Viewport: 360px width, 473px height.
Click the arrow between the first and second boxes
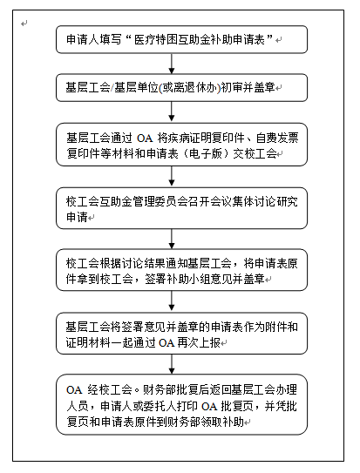[172, 64]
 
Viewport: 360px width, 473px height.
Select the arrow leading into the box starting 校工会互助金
[172, 176]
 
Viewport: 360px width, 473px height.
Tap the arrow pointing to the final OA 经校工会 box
[172, 364]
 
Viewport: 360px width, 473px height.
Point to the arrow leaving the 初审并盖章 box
[172, 111]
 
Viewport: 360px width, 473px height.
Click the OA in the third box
[145, 139]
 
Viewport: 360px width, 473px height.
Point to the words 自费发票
[277, 139]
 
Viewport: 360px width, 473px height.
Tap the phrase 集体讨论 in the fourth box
[254, 202]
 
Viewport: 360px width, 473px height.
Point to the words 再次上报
[199, 342]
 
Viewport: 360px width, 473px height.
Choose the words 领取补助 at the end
[221, 422]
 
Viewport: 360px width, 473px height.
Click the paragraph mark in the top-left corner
[24, 24]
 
